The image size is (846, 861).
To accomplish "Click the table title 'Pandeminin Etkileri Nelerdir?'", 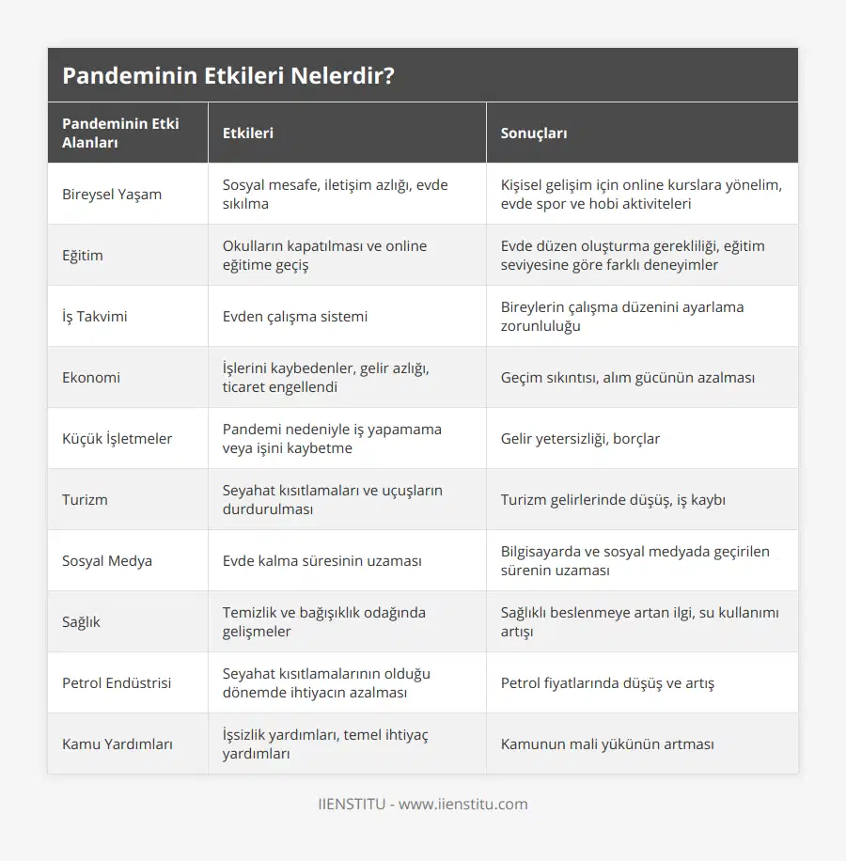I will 228,75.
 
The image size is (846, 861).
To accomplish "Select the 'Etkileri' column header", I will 248,133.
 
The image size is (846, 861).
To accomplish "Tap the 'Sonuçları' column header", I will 534,133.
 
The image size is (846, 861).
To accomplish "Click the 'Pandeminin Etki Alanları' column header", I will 120,133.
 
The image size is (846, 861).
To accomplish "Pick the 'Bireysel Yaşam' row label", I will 112,195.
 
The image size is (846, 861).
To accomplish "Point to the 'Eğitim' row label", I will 83,256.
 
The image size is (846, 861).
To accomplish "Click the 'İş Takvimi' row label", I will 95,317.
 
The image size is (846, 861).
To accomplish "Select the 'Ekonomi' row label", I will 92,378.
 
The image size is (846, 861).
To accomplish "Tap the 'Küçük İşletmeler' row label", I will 117,439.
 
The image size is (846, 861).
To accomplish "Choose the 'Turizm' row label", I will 85,500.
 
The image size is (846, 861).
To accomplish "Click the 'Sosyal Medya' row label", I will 107,561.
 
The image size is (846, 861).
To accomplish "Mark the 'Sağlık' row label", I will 81,622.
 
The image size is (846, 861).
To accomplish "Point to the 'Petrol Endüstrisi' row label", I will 117,683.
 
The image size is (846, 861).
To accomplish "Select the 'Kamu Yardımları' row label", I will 117,744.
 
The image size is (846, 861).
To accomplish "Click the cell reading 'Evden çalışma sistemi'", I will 295,317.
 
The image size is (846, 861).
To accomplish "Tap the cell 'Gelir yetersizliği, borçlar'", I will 580,439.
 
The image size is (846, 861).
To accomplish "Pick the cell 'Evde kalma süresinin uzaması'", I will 321,561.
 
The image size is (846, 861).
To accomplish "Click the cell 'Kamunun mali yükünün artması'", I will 607,744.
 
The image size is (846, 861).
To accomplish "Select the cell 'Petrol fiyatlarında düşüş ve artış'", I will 607,683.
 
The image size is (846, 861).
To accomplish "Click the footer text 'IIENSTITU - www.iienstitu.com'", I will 423,805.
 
